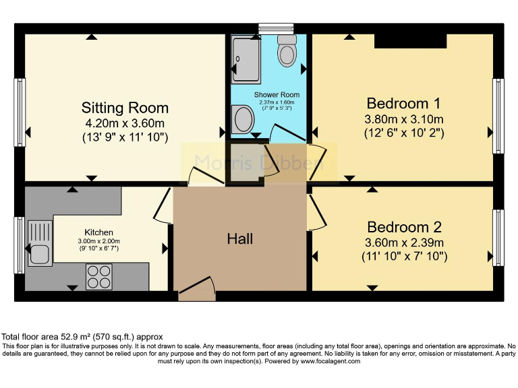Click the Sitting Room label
(125, 108)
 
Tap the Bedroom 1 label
(403, 103)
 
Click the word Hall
(239, 238)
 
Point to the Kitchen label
(98, 232)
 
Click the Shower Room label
(276, 95)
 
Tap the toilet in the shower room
(287, 51)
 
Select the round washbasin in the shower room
(243, 121)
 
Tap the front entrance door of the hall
(196, 290)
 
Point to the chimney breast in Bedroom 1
(410, 41)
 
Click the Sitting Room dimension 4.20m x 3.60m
(125, 123)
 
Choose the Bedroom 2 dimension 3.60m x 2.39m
(404, 243)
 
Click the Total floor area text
(82, 337)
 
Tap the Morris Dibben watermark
(259, 162)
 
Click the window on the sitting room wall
(20, 108)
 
